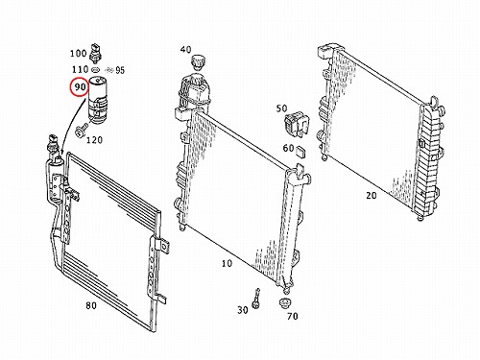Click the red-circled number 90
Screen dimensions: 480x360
click(80, 86)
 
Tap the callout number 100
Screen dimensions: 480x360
click(78, 53)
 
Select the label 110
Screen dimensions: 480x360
click(80, 69)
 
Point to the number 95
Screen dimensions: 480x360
click(120, 70)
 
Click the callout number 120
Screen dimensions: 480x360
click(94, 140)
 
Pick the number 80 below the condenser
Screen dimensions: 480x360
click(91, 305)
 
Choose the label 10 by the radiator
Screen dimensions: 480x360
click(227, 263)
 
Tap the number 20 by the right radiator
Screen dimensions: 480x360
click(372, 195)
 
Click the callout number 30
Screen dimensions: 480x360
click(243, 310)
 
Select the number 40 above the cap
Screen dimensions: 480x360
click(185, 50)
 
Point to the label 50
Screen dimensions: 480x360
click(281, 108)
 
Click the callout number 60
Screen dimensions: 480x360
click(288, 148)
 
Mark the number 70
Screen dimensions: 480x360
click(293, 316)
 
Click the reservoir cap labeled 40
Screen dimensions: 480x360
click(198, 61)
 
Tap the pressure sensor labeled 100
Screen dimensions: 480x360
click(95, 53)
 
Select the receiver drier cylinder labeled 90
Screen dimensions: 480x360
click(98, 100)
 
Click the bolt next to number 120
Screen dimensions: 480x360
click(81, 130)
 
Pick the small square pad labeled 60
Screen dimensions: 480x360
click(301, 152)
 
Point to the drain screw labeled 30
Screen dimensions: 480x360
click(256, 299)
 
